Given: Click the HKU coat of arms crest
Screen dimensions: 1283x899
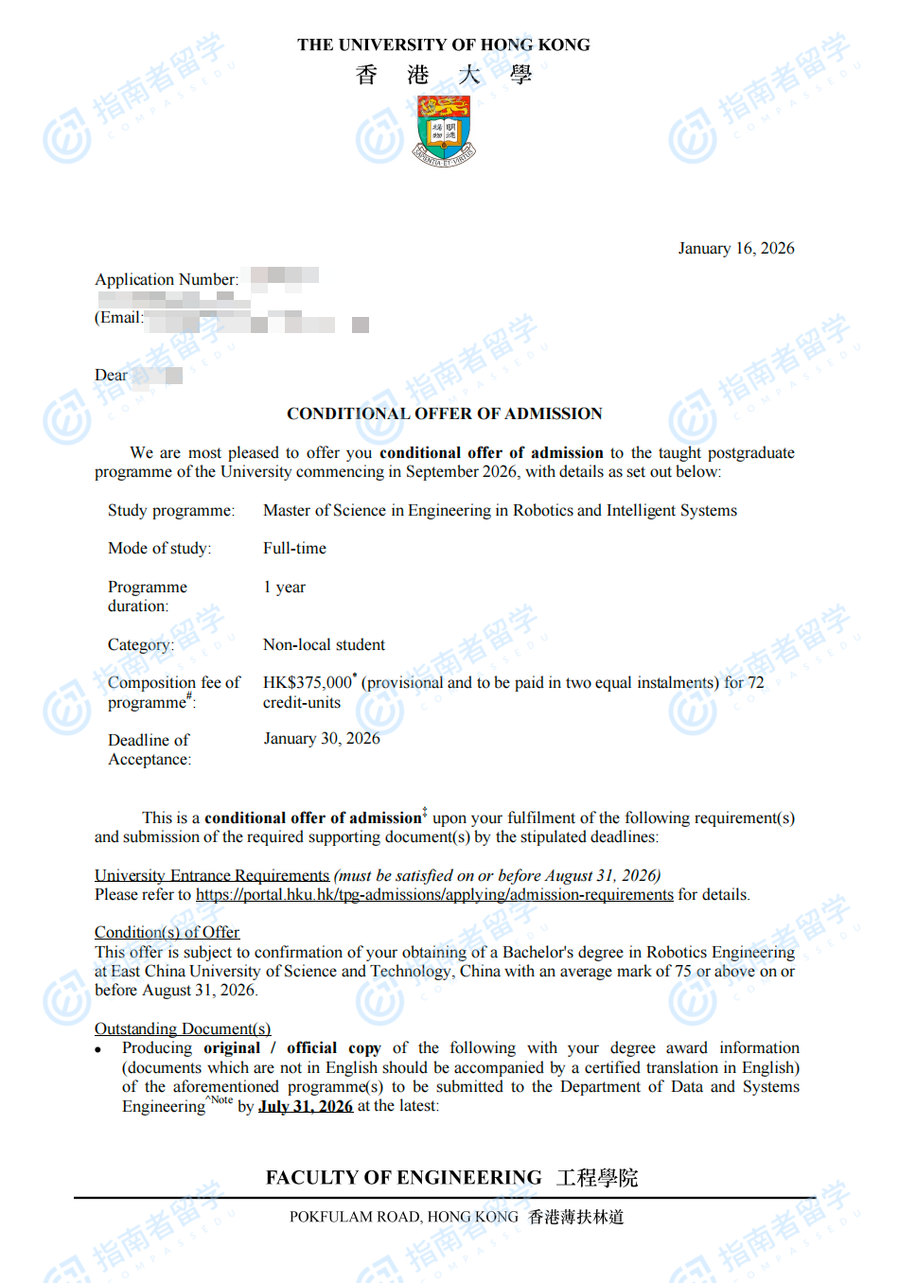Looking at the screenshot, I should coord(445,130).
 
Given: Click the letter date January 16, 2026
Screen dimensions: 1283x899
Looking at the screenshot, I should coord(735,248).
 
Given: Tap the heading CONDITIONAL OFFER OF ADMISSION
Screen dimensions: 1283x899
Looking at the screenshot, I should coord(444,413).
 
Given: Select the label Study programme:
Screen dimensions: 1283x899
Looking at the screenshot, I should coord(170,510).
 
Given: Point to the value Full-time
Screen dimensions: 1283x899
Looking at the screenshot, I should coord(294,548).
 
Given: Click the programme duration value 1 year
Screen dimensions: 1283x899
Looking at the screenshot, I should coord(284,587).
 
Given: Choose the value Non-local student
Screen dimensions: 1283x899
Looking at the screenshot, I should coord(324,644).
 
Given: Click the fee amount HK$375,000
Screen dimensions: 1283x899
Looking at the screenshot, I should coord(307,682).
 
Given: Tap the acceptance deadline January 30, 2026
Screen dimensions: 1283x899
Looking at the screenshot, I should coord(321,738).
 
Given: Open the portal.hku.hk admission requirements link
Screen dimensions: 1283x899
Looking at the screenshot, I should coord(434,894).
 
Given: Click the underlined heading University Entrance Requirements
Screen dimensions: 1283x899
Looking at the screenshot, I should coord(211,875).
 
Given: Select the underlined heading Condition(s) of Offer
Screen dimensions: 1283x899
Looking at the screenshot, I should coord(167,932).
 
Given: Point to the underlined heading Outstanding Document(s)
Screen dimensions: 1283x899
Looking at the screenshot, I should coord(182,1028).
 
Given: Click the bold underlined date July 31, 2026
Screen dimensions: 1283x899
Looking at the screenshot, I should coord(305,1106).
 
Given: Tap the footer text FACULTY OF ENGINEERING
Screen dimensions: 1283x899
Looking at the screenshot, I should coord(403,1177).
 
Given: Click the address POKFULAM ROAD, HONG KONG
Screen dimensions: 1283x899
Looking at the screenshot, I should coord(403,1217).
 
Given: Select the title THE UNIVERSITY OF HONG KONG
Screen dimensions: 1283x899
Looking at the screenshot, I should coord(443,44).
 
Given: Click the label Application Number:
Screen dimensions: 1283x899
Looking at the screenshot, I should coord(167,279).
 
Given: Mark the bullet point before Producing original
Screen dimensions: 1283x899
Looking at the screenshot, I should coord(98,1049).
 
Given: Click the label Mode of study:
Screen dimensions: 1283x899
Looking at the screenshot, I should coord(159,548).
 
